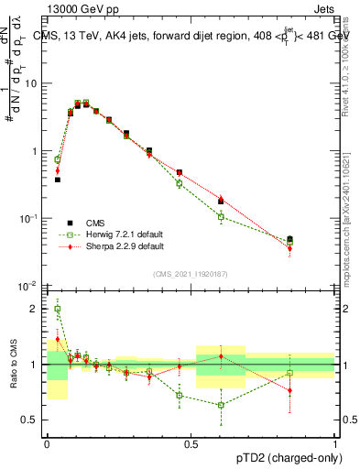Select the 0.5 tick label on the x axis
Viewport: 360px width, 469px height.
(x=191, y=442)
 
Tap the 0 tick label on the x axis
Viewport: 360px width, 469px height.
(x=47, y=442)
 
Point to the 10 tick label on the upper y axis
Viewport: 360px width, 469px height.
(x=31, y=83)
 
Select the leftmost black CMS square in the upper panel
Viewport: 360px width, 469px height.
(x=57, y=180)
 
